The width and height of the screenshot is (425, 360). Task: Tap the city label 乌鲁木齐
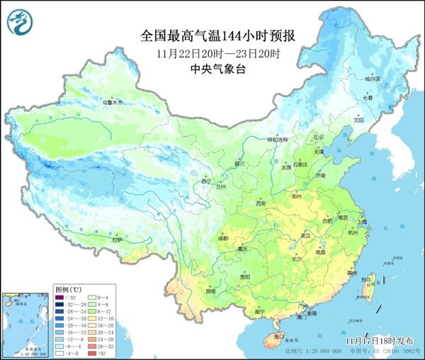coord(110,103)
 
